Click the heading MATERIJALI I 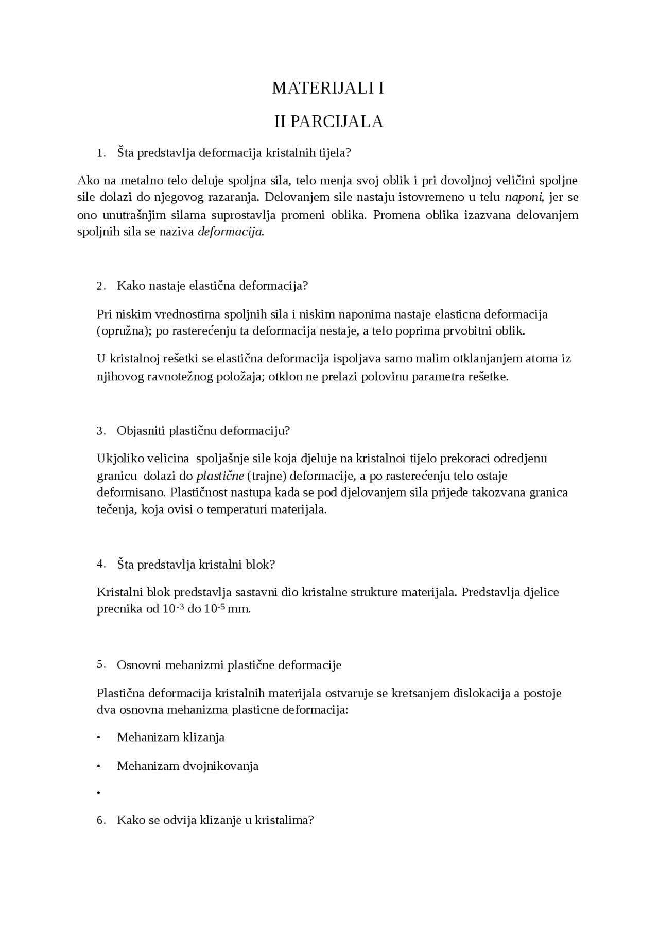(328, 89)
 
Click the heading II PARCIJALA (328, 122)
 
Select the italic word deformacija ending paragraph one (231, 232)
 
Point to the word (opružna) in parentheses (123, 331)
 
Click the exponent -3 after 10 (180, 606)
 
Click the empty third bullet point (98, 794)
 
